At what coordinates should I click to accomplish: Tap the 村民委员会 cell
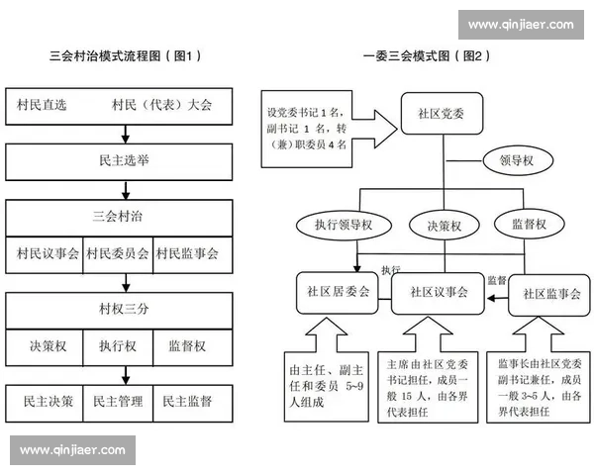117,254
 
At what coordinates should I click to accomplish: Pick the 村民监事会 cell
187,254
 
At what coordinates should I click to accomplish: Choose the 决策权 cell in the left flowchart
47,346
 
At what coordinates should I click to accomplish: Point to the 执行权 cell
117,346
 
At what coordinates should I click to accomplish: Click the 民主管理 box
117,402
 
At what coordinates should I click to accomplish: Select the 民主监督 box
187,402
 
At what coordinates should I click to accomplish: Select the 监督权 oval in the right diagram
527,224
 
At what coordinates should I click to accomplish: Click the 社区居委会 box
338,293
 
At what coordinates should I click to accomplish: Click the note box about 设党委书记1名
307,127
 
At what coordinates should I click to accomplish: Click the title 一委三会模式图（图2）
426,56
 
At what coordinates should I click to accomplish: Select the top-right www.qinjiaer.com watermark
521,25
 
